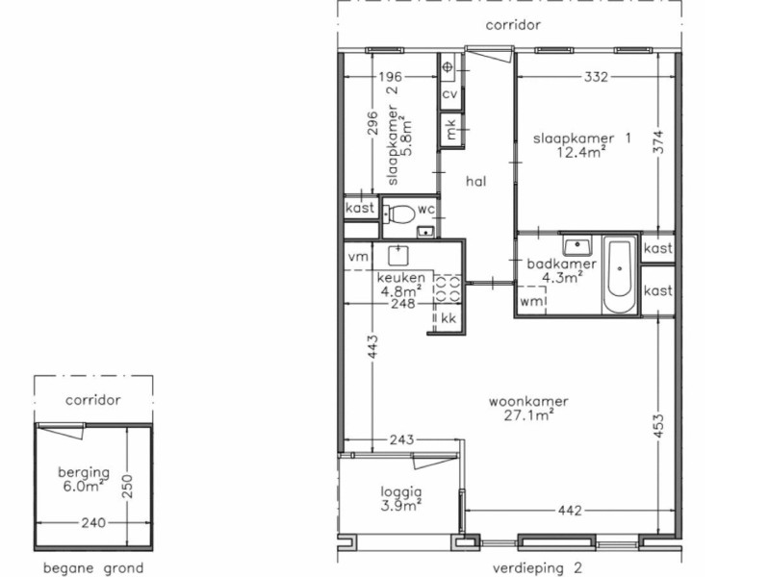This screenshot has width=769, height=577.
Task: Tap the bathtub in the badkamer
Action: click(619, 275)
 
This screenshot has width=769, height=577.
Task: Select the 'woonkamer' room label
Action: click(528, 402)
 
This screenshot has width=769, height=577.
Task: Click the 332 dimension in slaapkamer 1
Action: click(596, 77)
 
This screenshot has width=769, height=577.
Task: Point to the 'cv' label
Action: click(449, 93)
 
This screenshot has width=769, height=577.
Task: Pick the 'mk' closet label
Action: click(450, 129)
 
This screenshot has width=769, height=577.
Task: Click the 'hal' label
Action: click(475, 182)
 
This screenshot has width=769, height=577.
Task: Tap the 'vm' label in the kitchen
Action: click(358, 257)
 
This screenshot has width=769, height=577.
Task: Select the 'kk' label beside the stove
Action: click(449, 318)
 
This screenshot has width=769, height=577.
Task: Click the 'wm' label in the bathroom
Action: click(532, 302)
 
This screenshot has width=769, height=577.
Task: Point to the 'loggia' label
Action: click(401, 491)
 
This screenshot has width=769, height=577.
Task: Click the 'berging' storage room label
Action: click(84, 472)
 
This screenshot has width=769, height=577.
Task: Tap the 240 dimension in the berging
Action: click(92, 522)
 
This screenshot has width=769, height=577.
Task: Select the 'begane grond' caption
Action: click(93, 568)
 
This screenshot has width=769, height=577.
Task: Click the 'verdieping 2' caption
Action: click(537, 568)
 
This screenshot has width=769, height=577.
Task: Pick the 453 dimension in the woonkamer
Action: click(658, 427)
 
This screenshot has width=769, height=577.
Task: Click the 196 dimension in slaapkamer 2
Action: click(391, 77)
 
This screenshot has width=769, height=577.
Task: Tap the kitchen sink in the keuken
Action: click(398, 255)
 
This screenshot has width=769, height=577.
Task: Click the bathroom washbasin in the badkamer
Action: click(577, 245)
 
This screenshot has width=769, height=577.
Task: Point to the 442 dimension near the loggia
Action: click(570, 511)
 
